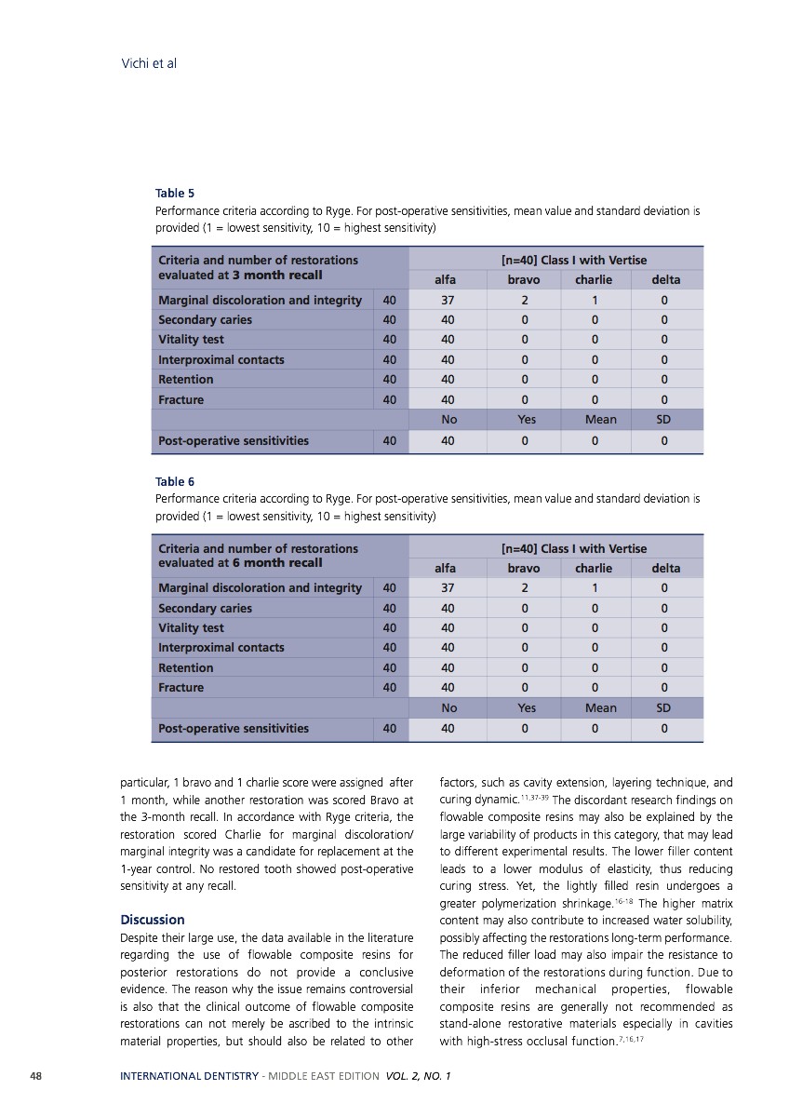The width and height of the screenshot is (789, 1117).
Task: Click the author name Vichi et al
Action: point(149,63)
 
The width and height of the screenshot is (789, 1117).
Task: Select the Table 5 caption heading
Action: point(175,194)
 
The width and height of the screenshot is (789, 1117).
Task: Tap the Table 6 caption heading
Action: point(175,481)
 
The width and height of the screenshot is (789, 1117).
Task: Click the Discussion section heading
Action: point(153,920)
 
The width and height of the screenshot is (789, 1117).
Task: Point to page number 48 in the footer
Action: point(34,1076)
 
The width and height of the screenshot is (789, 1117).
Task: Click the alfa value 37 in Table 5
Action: point(448,300)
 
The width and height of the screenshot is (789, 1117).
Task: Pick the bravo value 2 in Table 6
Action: point(524,587)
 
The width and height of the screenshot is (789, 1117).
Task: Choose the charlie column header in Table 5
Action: point(594,279)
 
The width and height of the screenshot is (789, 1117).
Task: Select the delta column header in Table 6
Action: point(665,568)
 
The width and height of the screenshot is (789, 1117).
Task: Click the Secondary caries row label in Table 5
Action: point(205,319)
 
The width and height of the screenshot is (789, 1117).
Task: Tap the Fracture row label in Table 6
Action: point(181,688)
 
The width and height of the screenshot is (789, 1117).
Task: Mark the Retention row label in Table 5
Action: point(185,379)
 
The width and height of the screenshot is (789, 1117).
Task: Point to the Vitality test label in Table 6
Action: point(191,628)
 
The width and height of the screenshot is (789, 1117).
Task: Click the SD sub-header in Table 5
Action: point(663,420)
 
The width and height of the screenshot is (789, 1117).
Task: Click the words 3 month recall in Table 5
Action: point(277,275)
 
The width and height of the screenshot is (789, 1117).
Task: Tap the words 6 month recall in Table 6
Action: point(277,562)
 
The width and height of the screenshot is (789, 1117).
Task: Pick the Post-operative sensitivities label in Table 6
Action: point(233,728)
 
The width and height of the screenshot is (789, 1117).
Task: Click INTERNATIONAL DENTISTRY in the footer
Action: point(189,1076)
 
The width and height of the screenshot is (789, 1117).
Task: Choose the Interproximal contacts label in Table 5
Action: point(221,359)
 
